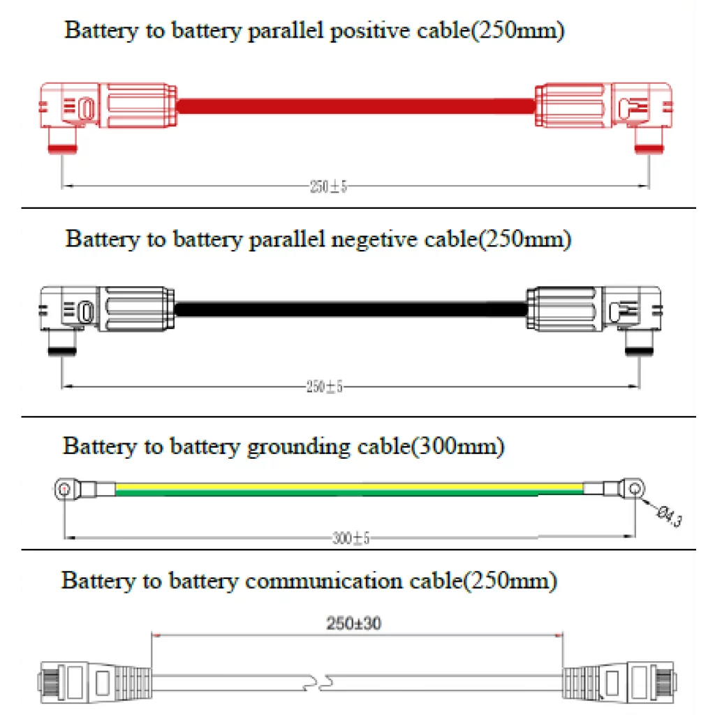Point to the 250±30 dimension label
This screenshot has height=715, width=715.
pyautogui.click(x=353, y=624)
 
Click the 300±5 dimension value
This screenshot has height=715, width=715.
pyautogui.click(x=351, y=538)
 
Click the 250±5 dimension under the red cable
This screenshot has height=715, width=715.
pyautogui.click(x=327, y=187)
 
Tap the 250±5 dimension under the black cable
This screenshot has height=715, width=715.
pyautogui.click(x=324, y=388)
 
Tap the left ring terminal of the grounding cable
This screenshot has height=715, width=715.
pyautogui.click(x=66, y=489)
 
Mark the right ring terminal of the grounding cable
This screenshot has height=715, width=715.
pyautogui.click(x=633, y=488)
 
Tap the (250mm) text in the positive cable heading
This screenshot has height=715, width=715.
pyautogui.click(x=518, y=31)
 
